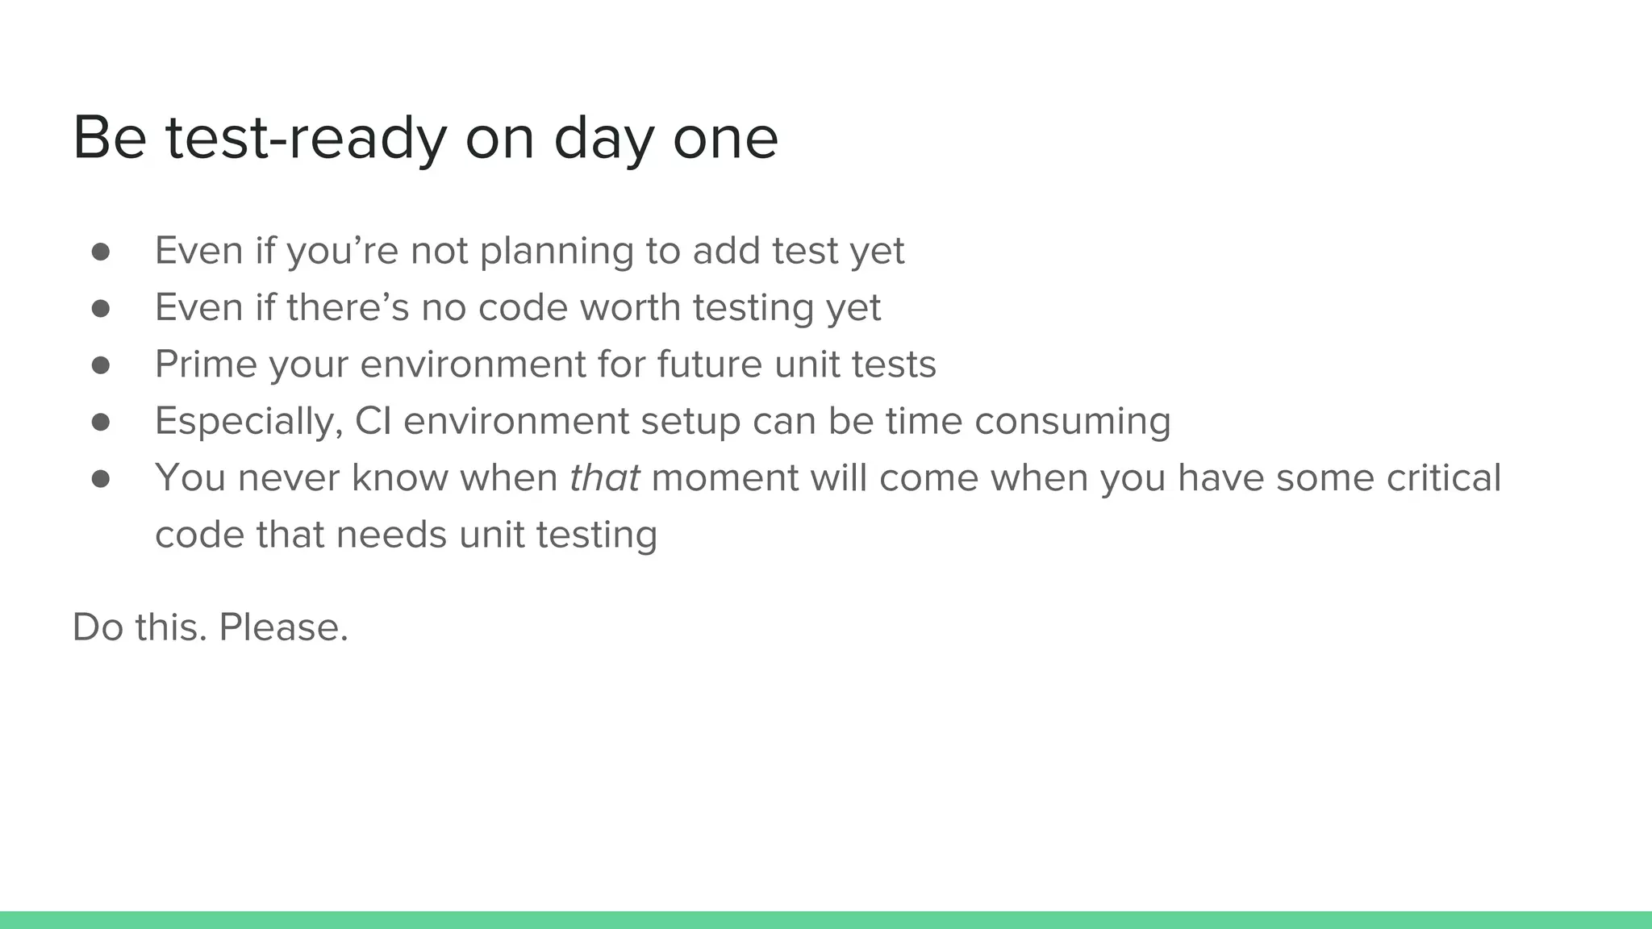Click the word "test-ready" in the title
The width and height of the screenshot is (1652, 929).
[307, 139]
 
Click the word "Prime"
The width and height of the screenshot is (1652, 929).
[206, 365]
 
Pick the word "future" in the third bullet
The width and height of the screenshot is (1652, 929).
[709, 365]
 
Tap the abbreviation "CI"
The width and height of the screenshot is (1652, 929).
[373, 421]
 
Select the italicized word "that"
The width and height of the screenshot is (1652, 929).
[604, 477]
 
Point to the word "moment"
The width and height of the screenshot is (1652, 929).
[724, 477]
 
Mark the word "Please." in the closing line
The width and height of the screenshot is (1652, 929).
[284, 627]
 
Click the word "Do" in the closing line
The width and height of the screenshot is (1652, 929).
[98, 627]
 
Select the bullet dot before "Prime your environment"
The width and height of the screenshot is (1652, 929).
[101, 365]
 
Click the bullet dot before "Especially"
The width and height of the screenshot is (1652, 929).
[101, 422]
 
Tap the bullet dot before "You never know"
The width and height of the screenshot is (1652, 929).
[101, 479]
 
